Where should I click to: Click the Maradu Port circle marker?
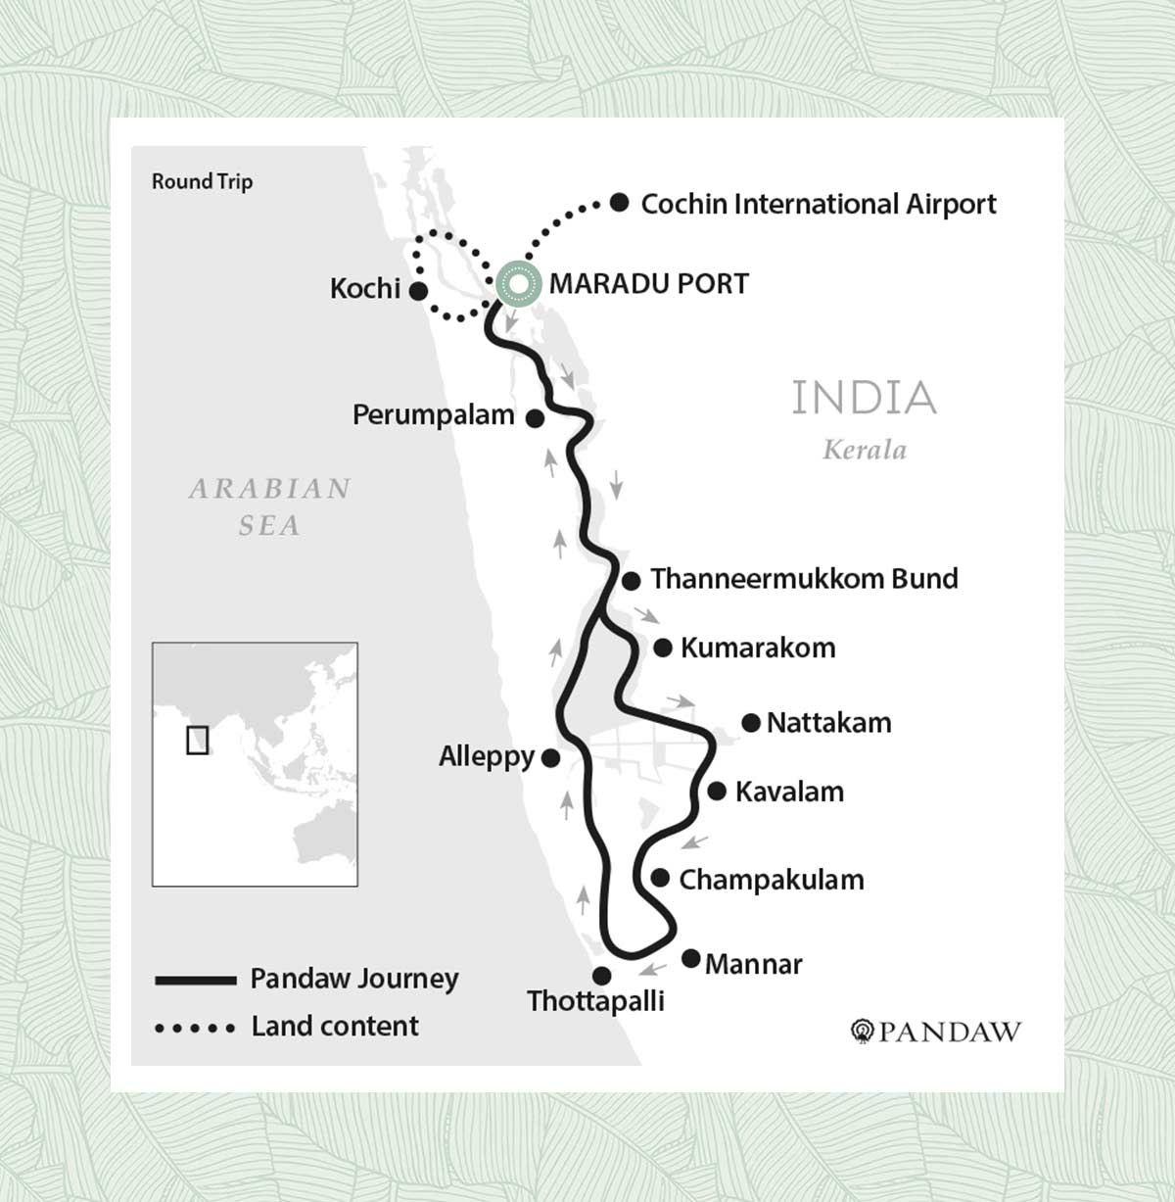point(518,284)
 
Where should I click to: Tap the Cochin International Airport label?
point(818,204)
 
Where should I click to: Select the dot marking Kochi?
point(418,291)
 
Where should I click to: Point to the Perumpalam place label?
point(433,415)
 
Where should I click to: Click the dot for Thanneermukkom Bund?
point(632,581)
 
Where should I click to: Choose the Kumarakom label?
point(757,648)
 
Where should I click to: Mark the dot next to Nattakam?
point(751,723)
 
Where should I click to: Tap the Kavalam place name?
point(789,792)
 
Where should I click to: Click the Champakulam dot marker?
point(660,878)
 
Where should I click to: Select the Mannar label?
point(753,964)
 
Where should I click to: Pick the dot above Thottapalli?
point(602,976)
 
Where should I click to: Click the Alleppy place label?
point(487,756)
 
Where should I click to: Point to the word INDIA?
point(864,398)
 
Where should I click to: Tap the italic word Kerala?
point(864,450)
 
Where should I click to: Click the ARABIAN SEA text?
point(269,506)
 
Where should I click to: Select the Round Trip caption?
point(202,181)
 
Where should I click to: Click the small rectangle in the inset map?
point(197,740)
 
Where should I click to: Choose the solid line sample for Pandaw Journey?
point(196,980)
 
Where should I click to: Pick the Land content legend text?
point(335,1026)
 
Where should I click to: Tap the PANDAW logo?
point(936,1032)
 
